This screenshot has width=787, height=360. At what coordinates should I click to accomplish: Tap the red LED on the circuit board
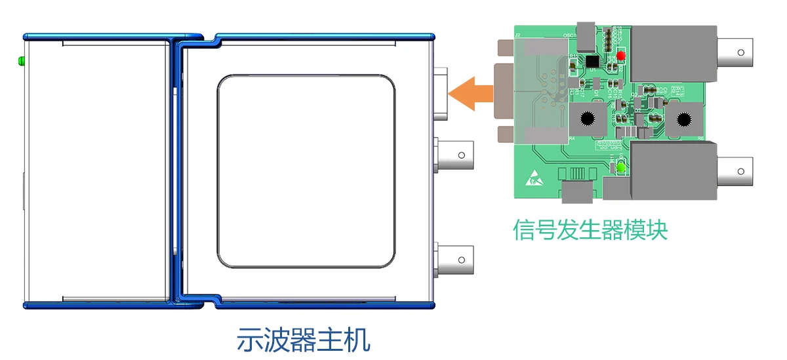[619, 56]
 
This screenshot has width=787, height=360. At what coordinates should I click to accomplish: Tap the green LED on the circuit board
[619, 169]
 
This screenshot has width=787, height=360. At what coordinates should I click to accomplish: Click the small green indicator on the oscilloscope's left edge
[21, 61]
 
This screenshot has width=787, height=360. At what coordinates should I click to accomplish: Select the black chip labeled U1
[592, 61]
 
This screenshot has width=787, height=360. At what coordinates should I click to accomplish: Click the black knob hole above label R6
[685, 119]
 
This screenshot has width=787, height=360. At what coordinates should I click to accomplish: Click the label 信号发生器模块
[590, 230]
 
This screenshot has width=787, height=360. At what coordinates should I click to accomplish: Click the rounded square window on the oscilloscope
[306, 172]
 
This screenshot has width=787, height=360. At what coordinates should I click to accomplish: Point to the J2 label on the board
[517, 34]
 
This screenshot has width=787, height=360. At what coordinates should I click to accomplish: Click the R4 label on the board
[571, 139]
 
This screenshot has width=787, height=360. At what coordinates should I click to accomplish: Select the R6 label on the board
[700, 139]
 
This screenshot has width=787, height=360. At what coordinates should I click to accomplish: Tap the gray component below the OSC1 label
[586, 39]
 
